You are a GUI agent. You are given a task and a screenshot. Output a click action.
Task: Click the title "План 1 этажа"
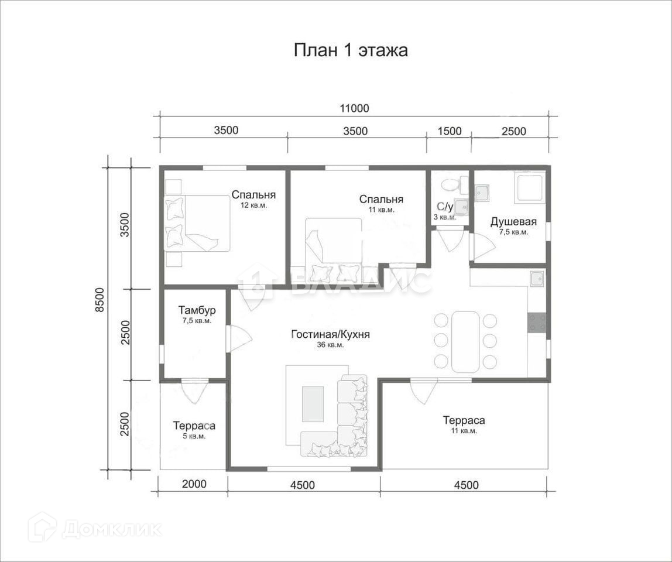click(351, 50)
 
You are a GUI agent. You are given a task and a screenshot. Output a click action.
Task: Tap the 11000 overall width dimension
click(354, 108)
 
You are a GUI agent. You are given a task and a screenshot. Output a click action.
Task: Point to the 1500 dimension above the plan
click(450, 131)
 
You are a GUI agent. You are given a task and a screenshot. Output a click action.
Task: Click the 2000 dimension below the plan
click(194, 484)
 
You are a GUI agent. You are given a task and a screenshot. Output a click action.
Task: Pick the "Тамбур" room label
click(197, 310)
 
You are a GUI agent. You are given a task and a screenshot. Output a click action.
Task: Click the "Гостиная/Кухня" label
click(330, 334)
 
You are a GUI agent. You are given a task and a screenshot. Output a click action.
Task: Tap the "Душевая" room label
click(513, 222)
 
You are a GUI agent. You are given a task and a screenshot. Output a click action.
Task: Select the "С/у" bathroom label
click(444, 207)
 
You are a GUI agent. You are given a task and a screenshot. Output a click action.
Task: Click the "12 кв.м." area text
click(253, 205)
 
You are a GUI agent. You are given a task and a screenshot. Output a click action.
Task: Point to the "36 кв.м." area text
click(330, 345)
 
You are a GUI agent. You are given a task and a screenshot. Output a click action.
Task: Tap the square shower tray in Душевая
click(530, 187)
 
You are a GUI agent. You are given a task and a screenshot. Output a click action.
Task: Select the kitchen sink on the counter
click(537, 279)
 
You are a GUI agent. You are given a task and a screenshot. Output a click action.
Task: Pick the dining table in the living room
click(465, 342)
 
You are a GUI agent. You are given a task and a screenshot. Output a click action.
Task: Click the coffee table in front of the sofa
click(313, 403)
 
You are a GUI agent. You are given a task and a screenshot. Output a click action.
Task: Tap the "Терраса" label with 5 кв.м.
click(194, 426)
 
